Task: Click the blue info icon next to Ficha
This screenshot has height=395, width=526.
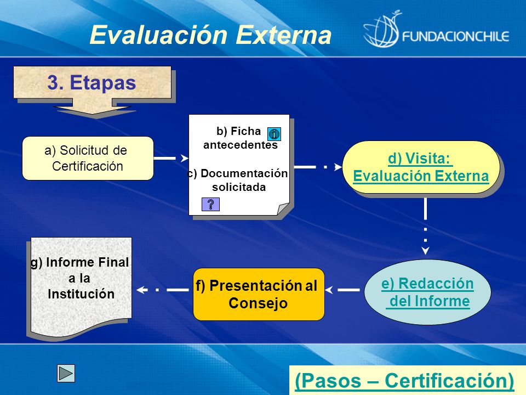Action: tap(274, 134)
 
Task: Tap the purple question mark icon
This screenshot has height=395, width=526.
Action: tap(210, 204)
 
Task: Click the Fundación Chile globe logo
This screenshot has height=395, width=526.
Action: tap(382, 30)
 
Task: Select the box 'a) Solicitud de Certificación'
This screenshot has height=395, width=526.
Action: tap(88, 158)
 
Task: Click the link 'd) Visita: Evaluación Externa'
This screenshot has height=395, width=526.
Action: tap(421, 167)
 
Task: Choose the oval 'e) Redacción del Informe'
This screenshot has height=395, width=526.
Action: tap(427, 292)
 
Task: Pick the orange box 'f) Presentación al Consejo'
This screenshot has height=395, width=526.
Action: tap(259, 294)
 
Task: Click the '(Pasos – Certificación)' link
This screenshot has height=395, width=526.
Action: tap(404, 381)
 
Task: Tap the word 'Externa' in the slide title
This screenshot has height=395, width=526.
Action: tap(283, 35)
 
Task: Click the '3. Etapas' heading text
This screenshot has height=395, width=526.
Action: tap(92, 82)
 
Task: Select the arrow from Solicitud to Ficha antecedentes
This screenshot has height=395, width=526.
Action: tap(171, 158)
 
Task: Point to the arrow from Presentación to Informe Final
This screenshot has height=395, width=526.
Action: tap(163, 290)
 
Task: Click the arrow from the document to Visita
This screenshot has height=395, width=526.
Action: tap(318, 167)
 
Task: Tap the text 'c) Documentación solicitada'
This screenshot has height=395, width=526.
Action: tap(237, 180)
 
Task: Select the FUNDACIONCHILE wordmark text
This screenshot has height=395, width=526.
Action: tap(456, 36)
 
